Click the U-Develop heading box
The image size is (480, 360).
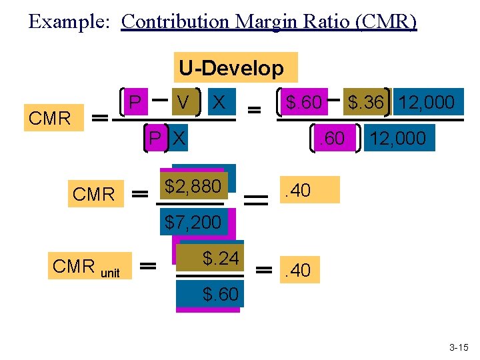tap(231, 68)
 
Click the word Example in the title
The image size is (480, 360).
tap(59, 21)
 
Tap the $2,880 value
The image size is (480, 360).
tap(193, 187)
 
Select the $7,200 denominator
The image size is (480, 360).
tap(193, 222)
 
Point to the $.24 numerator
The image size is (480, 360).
tap(220, 258)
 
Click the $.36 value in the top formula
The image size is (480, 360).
tap(365, 103)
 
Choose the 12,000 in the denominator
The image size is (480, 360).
tap(398, 138)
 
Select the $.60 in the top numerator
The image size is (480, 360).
tap(303, 103)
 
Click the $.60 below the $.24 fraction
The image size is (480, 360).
tap(220, 294)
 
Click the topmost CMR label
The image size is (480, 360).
tap(50, 119)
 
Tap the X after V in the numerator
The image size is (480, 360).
tap(217, 103)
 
